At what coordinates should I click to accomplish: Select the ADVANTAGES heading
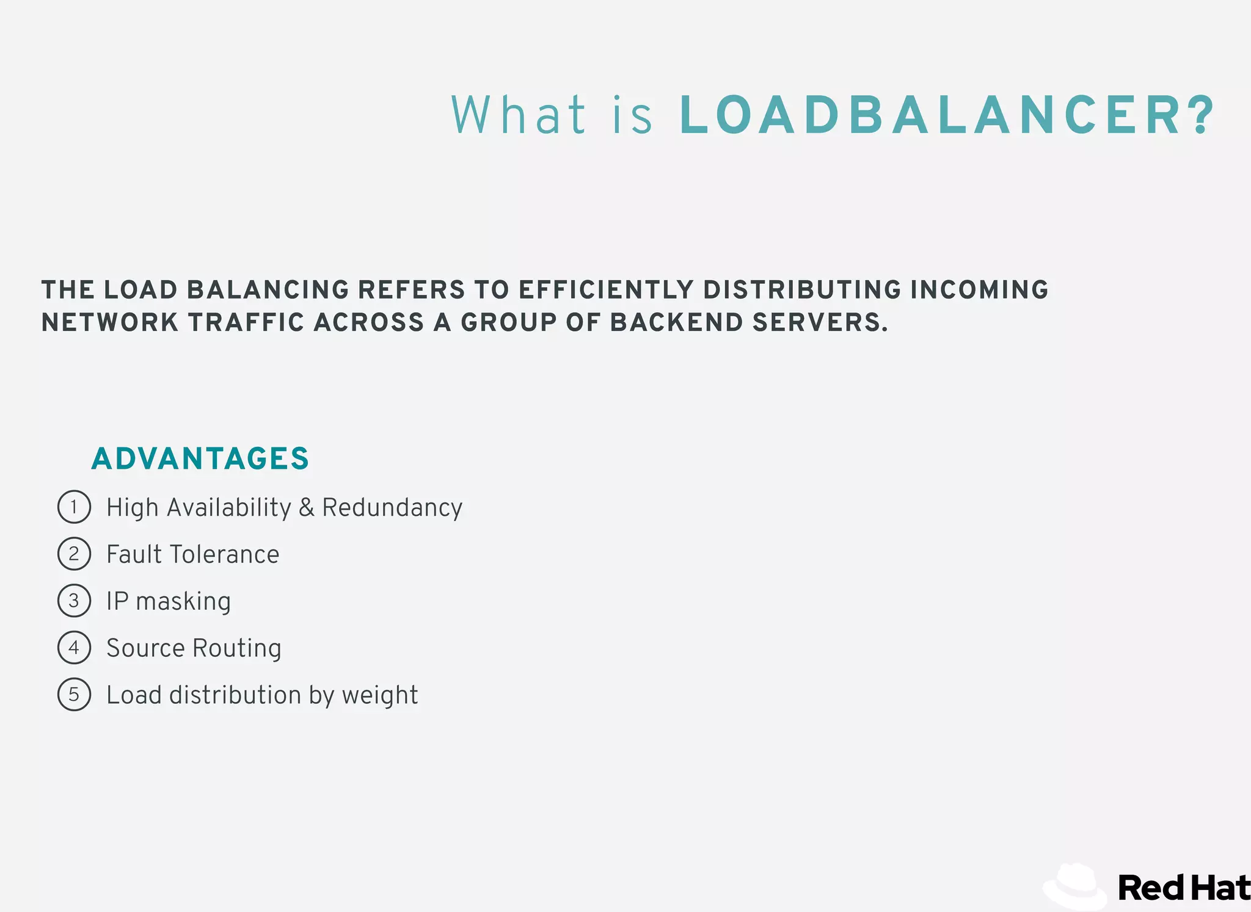pos(200,458)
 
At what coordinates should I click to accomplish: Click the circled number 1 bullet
pos(74,507)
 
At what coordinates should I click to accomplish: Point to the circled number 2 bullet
pos(74,554)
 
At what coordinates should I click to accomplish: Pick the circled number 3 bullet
pos(74,601)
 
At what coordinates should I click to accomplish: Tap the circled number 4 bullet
pos(74,647)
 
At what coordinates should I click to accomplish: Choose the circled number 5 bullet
pos(74,694)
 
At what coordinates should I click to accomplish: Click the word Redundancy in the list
pos(392,508)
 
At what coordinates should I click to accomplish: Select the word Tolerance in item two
pos(224,554)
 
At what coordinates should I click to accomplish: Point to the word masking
pos(183,602)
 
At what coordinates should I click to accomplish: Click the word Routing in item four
pos(236,648)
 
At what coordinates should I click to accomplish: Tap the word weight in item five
pos(380,696)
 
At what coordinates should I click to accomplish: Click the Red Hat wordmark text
pos(1183,888)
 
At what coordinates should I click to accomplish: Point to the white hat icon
pos(1075,886)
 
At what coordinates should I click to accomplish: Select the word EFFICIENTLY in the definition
pos(606,290)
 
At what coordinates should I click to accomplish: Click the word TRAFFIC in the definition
pos(246,322)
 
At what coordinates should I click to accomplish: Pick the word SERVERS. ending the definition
pos(820,322)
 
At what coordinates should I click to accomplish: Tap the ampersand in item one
pos(307,508)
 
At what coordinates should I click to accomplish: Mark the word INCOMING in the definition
pos(979,290)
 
